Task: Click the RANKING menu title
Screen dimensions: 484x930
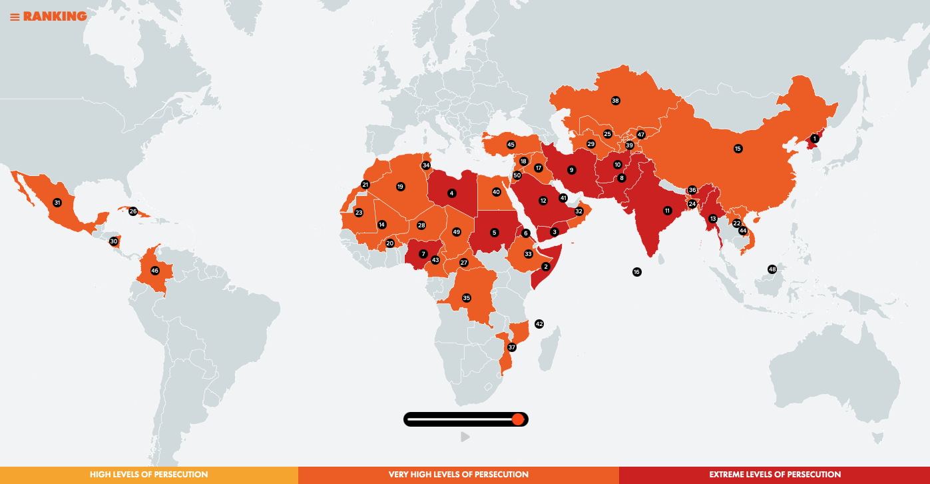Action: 49,17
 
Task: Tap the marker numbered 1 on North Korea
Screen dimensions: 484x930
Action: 814,139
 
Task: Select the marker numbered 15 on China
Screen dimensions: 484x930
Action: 738,149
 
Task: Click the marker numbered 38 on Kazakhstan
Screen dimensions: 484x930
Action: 615,101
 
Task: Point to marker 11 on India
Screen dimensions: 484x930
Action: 667,211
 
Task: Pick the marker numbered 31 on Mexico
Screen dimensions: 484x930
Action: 57,203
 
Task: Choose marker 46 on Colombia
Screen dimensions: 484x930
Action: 155,271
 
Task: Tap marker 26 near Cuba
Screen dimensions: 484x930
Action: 133,211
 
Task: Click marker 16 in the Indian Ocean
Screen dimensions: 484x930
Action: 637,272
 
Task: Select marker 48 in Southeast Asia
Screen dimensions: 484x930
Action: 772,269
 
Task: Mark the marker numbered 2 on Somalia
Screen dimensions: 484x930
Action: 546,267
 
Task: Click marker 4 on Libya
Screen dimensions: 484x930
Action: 452,193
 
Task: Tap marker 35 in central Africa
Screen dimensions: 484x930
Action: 467,298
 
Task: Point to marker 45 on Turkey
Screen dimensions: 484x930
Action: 511,145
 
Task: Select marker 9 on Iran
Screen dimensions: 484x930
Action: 571,170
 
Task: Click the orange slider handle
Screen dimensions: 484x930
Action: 518,419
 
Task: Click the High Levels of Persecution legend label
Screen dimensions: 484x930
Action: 149,475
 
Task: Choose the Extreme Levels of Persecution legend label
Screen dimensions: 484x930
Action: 775,475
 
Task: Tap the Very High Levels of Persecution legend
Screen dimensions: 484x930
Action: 459,475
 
